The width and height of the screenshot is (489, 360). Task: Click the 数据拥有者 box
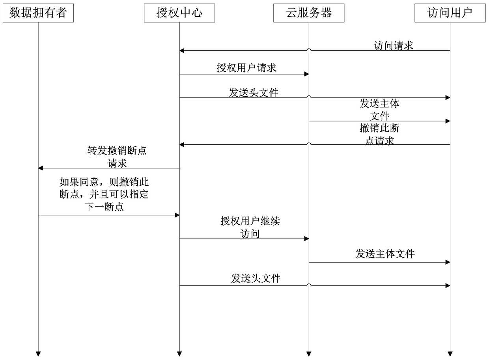point(38,13)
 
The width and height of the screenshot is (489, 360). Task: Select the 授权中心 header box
point(179,13)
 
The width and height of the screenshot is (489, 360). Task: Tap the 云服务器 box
point(309,13)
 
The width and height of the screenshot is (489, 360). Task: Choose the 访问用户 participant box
point(450,13)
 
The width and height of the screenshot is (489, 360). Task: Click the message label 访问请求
point(393,45)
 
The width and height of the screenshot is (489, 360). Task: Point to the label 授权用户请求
point(246,68)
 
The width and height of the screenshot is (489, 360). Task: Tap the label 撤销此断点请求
point(379,134)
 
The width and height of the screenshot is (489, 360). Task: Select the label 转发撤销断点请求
point(117,157)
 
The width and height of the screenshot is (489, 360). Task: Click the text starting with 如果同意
point(104,194)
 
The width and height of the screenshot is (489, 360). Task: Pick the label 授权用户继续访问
point(250,227)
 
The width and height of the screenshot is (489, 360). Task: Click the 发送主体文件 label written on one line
point(385,254)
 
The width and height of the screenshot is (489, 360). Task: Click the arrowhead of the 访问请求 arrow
point(182,50)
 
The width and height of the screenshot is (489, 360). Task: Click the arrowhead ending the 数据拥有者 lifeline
point(38,353)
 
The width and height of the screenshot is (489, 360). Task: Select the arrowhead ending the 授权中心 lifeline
point(179,353)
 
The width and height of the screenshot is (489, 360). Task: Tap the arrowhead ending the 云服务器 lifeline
point(309,353)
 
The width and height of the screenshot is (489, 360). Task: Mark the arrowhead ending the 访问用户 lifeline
point(450,353)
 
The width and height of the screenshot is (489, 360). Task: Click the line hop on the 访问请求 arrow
point(309,50)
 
